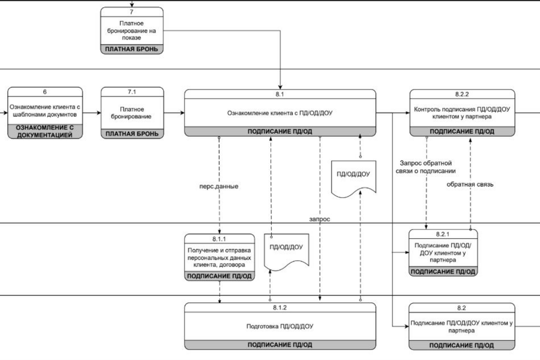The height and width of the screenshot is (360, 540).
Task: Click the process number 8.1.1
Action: click(219, 239)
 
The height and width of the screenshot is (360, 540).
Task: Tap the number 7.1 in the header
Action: click(132, 92)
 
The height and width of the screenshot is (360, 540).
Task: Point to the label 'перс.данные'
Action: click(218, 187)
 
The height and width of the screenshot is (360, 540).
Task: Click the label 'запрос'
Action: click(319, 219)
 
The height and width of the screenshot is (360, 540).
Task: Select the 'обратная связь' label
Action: click(470, 184)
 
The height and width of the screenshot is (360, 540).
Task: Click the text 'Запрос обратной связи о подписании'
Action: click(425, 167)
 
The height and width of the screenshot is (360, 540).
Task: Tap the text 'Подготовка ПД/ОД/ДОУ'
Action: click(280, 326)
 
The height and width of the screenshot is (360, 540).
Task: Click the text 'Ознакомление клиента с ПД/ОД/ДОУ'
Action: click(280, 113)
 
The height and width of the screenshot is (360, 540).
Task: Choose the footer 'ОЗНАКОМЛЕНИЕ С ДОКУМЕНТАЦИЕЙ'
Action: click(45, 131)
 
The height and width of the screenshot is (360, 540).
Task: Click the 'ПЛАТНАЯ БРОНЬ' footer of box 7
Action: click(131, 49)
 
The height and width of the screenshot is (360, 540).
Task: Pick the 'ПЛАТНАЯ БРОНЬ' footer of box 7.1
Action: click(132, 134)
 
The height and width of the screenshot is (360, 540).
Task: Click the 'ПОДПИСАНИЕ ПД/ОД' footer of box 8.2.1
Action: click(443, 271)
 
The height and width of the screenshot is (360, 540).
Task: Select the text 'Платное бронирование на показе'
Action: click(131, 31)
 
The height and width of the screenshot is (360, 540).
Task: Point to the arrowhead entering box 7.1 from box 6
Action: click(99, 113)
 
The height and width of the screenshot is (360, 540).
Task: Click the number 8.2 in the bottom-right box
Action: click(461, 308)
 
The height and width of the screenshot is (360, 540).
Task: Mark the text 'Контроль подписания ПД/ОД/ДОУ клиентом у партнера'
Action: click(462, 113)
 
